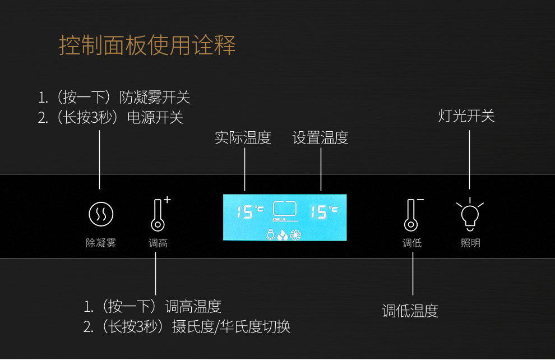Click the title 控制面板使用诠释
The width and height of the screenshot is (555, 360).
(147, 45)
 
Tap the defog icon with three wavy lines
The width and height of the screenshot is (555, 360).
(101, 214)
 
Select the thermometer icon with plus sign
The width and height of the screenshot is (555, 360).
(160, 214)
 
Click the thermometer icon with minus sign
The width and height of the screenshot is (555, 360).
(413, 215)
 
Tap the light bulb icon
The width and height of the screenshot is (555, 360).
(470, 213)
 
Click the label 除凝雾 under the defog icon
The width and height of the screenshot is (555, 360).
(101, 243)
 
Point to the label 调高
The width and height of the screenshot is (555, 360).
(158, 243)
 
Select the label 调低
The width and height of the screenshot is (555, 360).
(412, 243)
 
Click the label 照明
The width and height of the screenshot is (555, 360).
(470, 243)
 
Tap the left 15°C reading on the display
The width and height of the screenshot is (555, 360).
(250, 211)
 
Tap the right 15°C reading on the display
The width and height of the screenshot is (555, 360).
(324, 211)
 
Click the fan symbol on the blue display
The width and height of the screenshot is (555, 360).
(295, 234)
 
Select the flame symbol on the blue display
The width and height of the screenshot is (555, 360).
(283, 235)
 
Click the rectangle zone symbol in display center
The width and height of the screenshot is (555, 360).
(285, 209)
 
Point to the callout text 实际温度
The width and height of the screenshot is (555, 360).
(243, 138)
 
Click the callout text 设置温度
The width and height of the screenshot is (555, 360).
(320, 138)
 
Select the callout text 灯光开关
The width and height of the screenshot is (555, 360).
(466, 116)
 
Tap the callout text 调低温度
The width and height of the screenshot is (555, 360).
(410, 311)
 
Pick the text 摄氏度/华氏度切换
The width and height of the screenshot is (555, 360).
(231, 326)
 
